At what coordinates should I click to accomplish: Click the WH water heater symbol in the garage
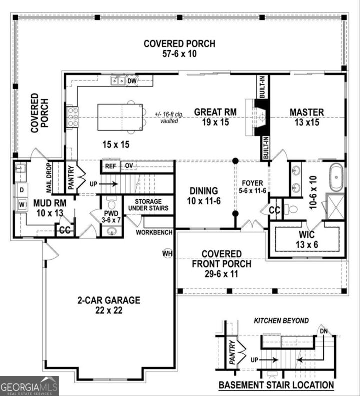click(167, 254)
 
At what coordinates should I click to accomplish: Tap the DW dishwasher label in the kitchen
click(132, 80)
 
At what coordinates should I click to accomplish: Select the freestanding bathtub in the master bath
click(336, 177)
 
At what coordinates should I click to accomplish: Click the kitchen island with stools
click(120, 117)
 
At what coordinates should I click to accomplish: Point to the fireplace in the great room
click(261, 118)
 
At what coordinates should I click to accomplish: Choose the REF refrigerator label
click(110, 165)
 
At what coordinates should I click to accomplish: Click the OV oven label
click(128, 165)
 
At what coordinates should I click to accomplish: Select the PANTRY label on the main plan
click(71, 177)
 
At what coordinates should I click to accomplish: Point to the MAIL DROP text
click(50, 178)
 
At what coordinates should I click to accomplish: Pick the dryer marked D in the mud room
click(21, 190)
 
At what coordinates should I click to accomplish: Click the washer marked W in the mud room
click(21, 204)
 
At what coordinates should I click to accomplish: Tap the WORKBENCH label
click(154, 232)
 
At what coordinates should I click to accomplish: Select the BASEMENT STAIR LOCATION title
click(276, 385)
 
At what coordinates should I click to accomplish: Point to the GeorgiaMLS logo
click(29, 386)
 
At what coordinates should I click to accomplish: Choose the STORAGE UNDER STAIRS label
click(148, 204)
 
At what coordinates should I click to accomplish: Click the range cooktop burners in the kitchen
click(72, 117)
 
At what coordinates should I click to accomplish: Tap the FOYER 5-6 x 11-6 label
click(252, 187)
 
